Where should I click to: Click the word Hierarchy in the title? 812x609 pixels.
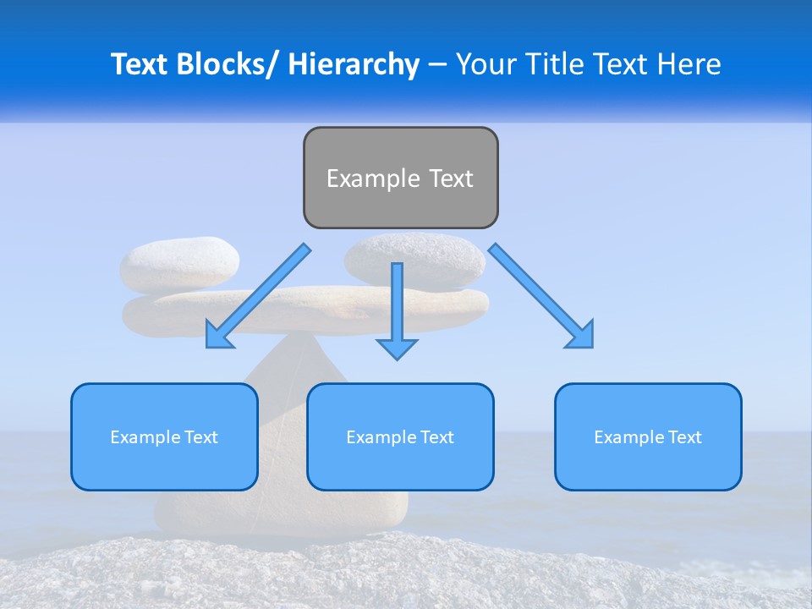pyautogui.click(x=354, y=64)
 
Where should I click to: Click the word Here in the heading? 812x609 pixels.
pyautogui.click(x=687, y=64)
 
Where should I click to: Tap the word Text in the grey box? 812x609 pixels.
pyautogui.click(x=451, y=178)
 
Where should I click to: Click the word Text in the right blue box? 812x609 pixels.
pyautogui.click(x=683, y=437)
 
